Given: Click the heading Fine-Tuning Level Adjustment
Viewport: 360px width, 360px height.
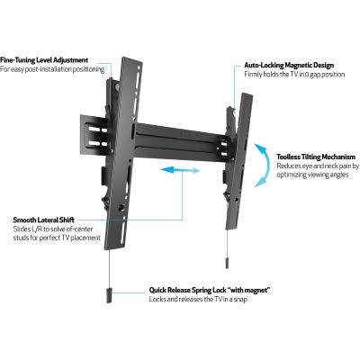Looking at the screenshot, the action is coord(44,60).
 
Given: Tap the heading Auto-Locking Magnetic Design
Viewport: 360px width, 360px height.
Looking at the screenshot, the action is coord(289,65).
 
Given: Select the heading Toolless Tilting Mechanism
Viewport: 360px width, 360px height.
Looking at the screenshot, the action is coord(316,157).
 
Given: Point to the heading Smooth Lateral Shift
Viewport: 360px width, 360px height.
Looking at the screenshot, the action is coord(44,220).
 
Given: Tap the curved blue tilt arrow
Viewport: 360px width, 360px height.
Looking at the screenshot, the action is coord(263,166).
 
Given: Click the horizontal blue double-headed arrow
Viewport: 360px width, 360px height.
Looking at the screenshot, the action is coord(180,170).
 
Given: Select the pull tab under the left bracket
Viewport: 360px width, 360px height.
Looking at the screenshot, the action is coord(109,296).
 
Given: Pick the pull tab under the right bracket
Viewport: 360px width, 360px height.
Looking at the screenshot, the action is coord(226,262).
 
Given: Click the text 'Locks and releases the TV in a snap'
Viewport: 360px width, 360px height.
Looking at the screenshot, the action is coord(198,300).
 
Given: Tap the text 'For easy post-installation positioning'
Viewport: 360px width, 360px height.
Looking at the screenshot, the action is coord(52,69).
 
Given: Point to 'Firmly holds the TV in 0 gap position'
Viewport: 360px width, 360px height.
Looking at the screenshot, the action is coord(294,74).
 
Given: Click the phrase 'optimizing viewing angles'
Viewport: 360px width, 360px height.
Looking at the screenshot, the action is coord(312,175).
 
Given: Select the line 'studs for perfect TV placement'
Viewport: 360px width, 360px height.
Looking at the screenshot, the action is coord(57,238).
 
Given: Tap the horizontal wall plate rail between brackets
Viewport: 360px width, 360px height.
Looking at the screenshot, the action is coord(180,140).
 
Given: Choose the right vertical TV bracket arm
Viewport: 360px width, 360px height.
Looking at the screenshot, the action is coord(239,161).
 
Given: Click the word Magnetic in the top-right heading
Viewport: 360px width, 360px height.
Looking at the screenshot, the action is coord(298,65).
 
